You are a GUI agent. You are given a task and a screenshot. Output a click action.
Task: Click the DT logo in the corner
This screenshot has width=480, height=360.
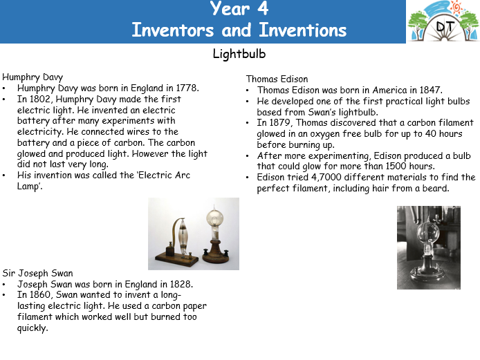point(443,21)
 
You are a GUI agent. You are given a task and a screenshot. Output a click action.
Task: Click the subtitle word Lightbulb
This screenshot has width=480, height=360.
point(239,54)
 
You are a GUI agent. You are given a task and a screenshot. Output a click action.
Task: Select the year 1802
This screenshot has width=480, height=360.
point(40,99)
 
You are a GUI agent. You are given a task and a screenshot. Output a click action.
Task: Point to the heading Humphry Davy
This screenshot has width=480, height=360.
point(33,77)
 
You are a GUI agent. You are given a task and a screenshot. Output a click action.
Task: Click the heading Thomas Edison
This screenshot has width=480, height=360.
point(277,79)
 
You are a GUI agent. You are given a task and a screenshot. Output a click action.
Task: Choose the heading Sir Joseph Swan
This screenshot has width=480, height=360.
point(37,273)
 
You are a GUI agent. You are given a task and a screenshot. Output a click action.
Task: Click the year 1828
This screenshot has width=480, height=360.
point(181,284)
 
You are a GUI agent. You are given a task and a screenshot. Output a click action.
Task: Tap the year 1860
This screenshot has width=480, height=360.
point(40,295)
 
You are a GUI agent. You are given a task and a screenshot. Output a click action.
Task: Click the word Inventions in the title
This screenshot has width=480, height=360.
point(303,30)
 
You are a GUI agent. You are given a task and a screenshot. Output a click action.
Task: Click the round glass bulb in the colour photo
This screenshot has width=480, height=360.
point(215,218)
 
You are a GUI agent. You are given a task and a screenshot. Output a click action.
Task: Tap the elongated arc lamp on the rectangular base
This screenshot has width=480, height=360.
point(183,236)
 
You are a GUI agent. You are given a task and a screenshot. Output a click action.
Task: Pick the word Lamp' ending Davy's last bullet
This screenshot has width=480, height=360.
point(29,187)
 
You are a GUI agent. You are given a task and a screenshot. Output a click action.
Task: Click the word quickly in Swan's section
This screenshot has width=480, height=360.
point(33,328)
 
